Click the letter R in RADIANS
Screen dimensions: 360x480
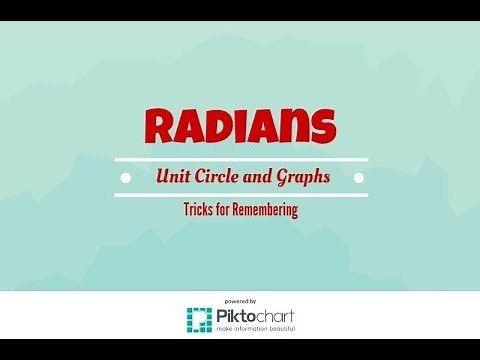(162, 127)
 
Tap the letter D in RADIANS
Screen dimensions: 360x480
(222, 127)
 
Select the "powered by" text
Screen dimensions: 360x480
(240, 301)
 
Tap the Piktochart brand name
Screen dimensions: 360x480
(252, 315)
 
